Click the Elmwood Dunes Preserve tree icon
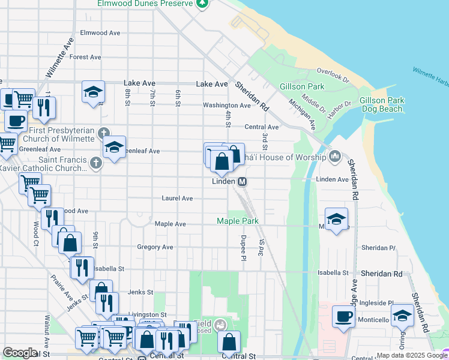(x=203, y=4)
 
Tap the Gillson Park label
(x=302, y=86)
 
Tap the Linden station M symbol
(x=243, y=181)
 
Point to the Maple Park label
(x=238, y=221)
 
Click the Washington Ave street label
(x=226, y=106)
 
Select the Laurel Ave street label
(x=177, y=198)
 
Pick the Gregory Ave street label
(x=155, y=247)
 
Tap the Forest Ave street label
(x=85, y=57)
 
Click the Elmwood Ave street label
(x=100, y=32)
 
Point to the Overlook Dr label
(x=333, y=74)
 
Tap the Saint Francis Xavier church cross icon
(x=95, y=162)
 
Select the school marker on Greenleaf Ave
(x=113, y=148)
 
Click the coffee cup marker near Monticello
(x=343, y=316)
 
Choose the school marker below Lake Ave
(x=93, y=92)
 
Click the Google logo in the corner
(x=20, y=353)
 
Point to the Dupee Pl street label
(x=244, y=248)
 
